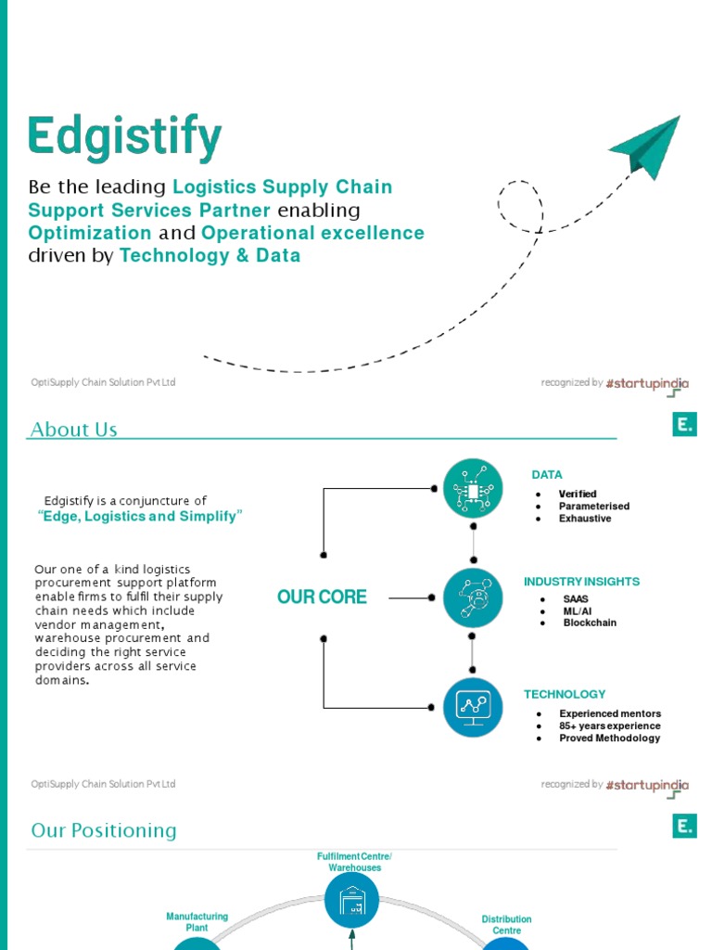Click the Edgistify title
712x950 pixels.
point(124,137)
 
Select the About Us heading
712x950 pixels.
point(74,430)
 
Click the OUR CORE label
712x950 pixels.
point(322,597)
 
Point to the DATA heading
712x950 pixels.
point(546,475)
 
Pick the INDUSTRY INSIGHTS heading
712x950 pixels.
point(581,582)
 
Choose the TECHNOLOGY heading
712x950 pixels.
point(565,694)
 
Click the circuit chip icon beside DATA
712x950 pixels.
point(473,487)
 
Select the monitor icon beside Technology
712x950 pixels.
point(473,707)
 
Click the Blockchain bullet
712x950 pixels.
point(590,623)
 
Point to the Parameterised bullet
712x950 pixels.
point(593,507)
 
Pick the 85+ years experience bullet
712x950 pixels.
point(609,726)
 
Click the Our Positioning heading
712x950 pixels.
point(104,830)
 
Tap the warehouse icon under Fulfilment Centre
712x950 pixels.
point(353,901)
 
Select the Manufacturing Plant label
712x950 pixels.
point(197,921)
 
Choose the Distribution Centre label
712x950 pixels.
point(506,924)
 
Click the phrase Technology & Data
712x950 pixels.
point(210,256)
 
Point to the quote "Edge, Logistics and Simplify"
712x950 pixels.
point(140,517)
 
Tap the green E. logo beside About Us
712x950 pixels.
point(684,425)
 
